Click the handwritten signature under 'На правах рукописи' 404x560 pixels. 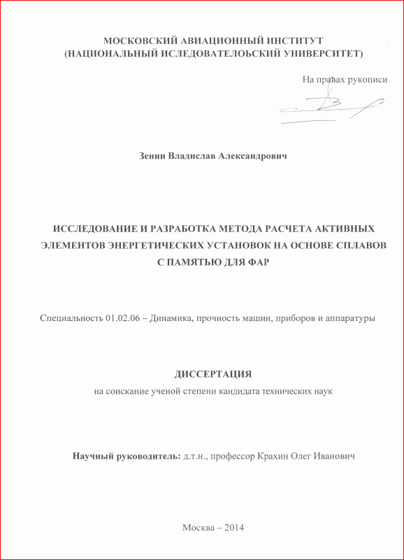coord(329,106)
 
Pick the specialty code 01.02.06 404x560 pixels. coord(122,319)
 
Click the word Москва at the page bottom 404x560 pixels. coord(199,527)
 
